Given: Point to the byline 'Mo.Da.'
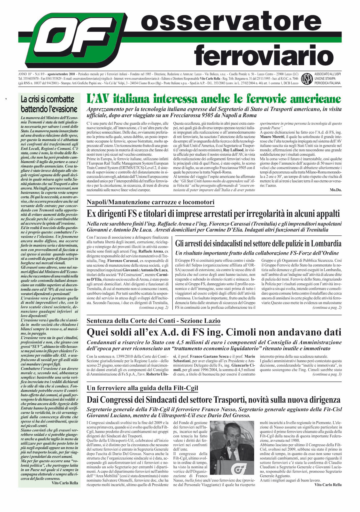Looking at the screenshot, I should pos(336,190).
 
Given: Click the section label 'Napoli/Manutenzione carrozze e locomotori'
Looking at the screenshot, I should pos(150,202).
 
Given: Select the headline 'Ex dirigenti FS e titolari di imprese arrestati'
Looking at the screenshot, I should pos(214,214).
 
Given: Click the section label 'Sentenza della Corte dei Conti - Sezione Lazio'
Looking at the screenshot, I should pos(153,321).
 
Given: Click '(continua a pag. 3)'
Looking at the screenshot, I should pos(327,374).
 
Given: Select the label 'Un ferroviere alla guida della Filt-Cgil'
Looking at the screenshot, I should pos(142,388).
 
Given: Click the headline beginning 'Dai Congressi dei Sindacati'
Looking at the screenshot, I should pos(214,400).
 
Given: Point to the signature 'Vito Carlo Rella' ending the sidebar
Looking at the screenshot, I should pos(65,483).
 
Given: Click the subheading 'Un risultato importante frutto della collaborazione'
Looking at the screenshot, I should pos(257,253).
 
